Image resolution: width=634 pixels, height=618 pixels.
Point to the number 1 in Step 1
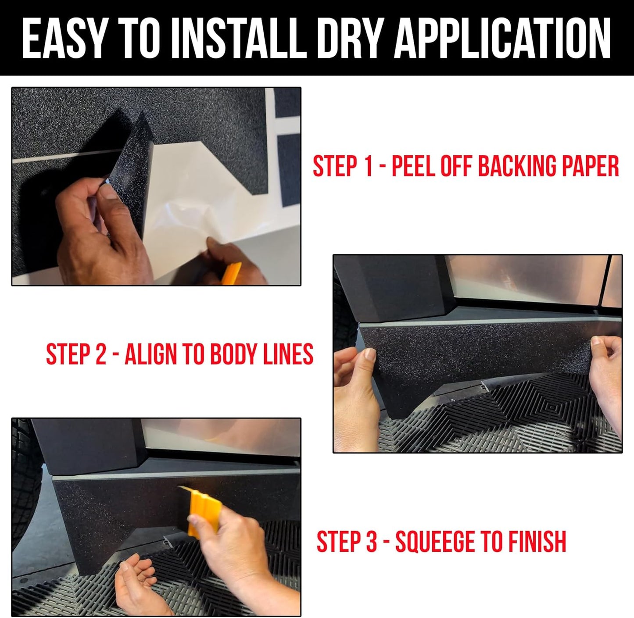(369, 166)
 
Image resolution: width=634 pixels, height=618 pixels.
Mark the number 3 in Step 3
(371, 542)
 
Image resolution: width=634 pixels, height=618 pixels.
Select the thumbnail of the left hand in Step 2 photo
(369, 354)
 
